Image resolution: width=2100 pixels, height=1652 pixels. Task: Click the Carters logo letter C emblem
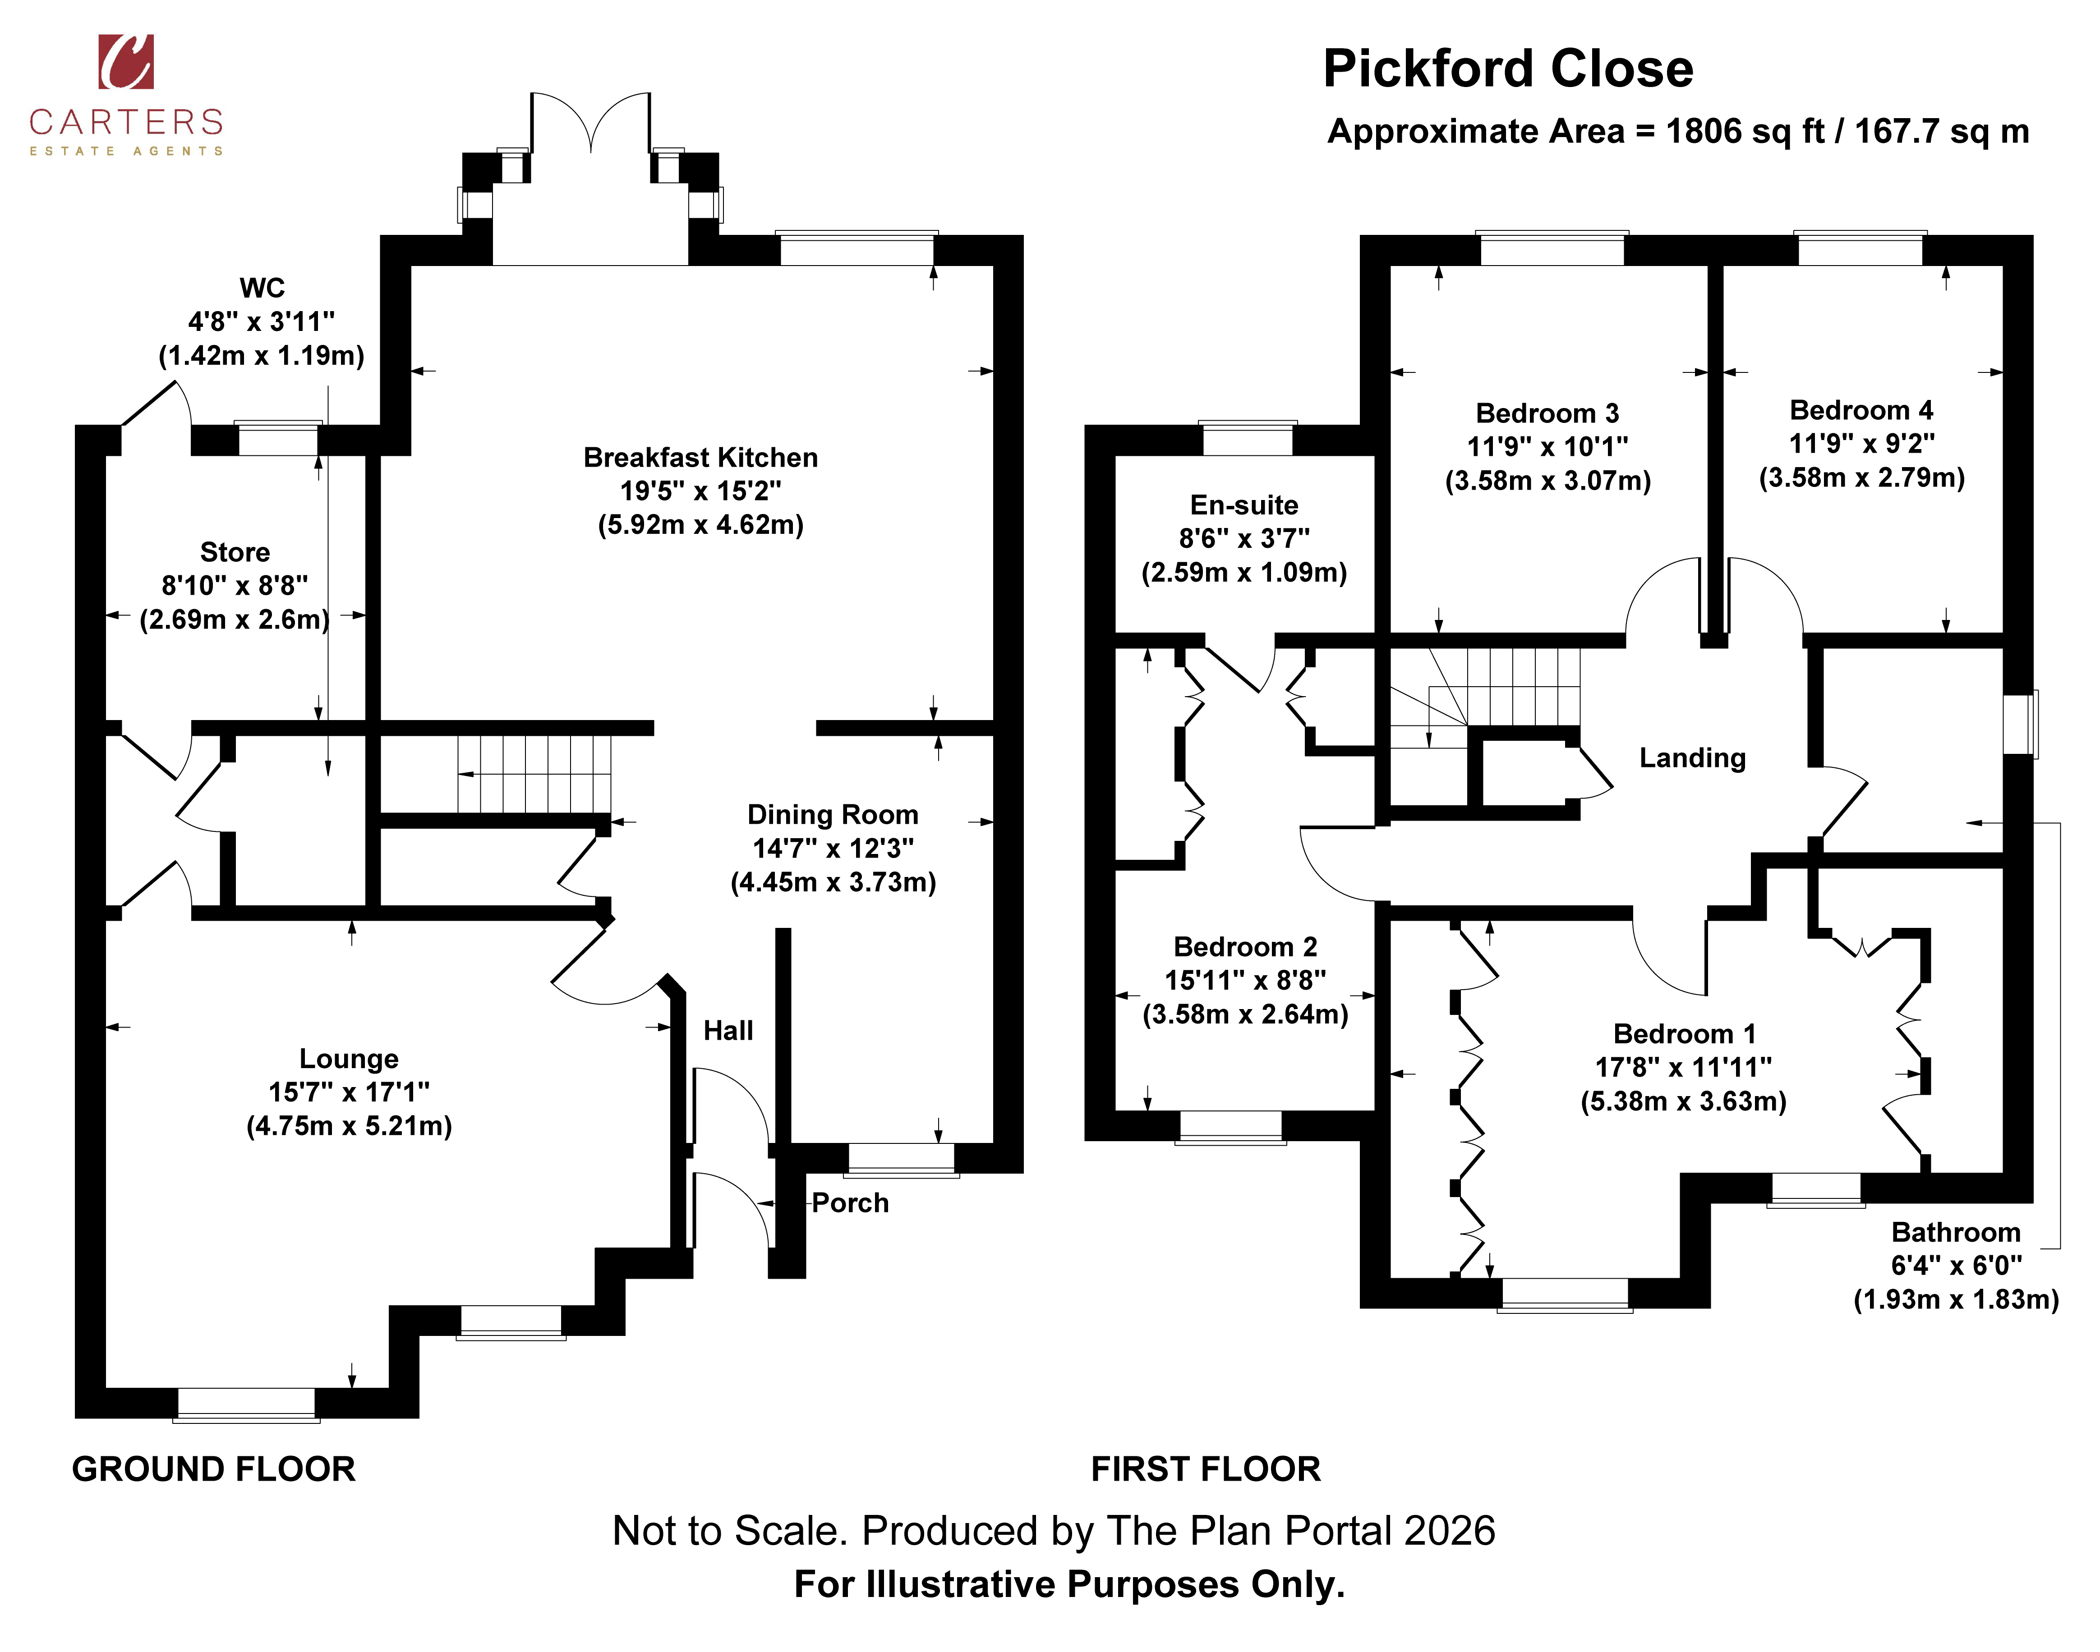[x=126, y=62]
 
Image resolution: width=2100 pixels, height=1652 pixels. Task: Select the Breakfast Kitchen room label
[x=700, y=458]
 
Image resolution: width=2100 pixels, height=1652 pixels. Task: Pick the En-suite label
[x=1244, y=505]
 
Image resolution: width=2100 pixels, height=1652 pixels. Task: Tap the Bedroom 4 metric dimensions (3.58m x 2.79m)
[x=1861, y=478]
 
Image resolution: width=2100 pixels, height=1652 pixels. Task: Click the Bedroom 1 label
[x=1684, y=1034]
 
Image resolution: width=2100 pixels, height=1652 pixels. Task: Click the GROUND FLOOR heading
[x=214, y=1469]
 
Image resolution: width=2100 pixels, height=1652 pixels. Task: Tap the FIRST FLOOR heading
[x=1205, y=1469]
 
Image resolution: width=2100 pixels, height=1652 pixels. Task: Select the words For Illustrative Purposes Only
[x=1069, y=1584]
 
